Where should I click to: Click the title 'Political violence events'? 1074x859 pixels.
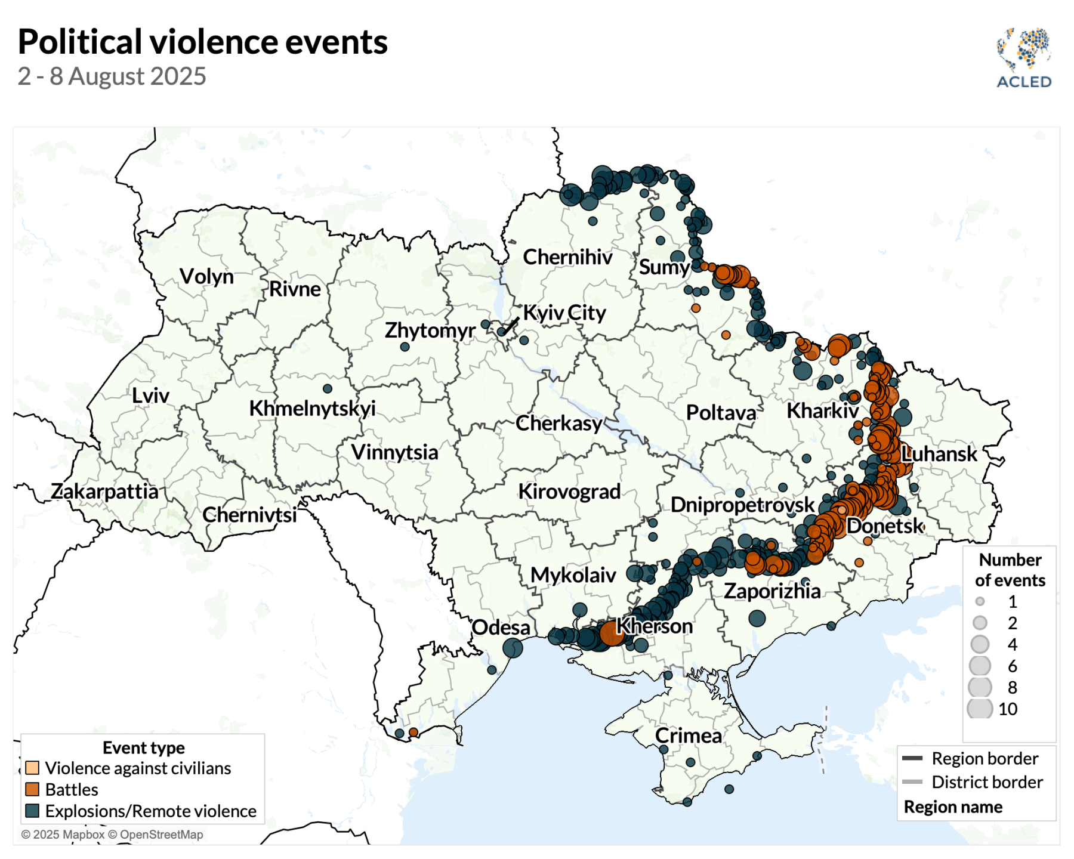point(202,42)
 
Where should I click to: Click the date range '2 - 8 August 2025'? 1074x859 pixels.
point(112,76)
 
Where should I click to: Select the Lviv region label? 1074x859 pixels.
point(150,395)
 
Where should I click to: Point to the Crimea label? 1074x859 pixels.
point(688,736)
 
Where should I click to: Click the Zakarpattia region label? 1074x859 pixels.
point(104,491)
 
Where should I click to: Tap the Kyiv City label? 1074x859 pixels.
point(564,313)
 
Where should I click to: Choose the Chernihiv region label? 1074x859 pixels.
point(567,257)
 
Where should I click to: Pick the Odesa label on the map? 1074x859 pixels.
point(501,628)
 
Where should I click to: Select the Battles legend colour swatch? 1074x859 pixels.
point(32,789)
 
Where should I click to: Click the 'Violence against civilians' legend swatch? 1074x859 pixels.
point(32,768)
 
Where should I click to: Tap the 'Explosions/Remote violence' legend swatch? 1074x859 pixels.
point(32,811)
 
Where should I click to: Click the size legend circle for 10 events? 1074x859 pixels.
point(980,709)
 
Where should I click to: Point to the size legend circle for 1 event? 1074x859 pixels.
point(980,601)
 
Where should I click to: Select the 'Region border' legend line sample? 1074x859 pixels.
point(912,758)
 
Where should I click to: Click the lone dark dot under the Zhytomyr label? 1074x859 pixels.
point(405,347)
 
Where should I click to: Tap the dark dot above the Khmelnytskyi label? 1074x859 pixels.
point(328,388)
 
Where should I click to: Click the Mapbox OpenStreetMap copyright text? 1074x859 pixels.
point(112,835)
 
